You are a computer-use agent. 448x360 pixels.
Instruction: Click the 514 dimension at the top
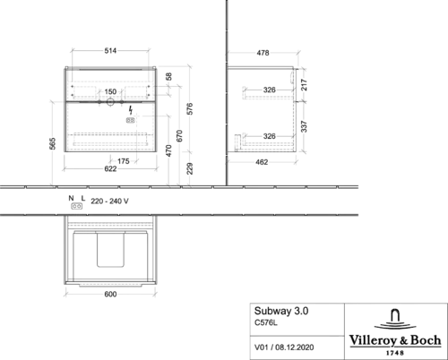tap(110, 51)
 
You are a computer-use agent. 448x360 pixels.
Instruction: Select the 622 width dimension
tap(110, 169)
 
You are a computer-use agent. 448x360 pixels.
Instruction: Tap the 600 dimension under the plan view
tap(110, 295)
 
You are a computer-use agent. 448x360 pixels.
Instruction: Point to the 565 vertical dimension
tap(52, 143)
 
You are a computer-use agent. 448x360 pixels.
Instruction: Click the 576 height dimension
tap(190, 109)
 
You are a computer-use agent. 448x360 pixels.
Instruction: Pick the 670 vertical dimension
tap(179, 136)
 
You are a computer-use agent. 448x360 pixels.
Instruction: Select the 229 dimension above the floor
tap(190, 168)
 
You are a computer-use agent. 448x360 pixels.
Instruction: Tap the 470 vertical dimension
tap(168, 150)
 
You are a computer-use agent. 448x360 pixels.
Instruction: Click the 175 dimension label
tap(124, 161)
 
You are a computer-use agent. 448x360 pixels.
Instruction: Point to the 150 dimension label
tap(110, 91)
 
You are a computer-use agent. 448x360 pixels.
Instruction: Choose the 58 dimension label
tap(168, 77)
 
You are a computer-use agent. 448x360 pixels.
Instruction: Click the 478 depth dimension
tap(263, 53)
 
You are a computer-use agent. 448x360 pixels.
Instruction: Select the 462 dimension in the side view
tap(262, 162)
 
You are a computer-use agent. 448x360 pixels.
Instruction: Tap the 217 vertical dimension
tap(304, 85)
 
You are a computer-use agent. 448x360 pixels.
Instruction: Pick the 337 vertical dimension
tap(304, 126)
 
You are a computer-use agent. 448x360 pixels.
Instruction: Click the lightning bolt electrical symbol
tap(131, 110)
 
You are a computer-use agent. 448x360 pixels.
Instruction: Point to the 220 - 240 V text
tap(109, 201)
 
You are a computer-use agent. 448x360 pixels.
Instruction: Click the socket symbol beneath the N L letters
tap(77, 206)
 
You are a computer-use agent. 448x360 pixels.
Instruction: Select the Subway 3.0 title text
tap(281, 311)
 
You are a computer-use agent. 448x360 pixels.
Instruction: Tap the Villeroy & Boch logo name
tap(395, 340)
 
